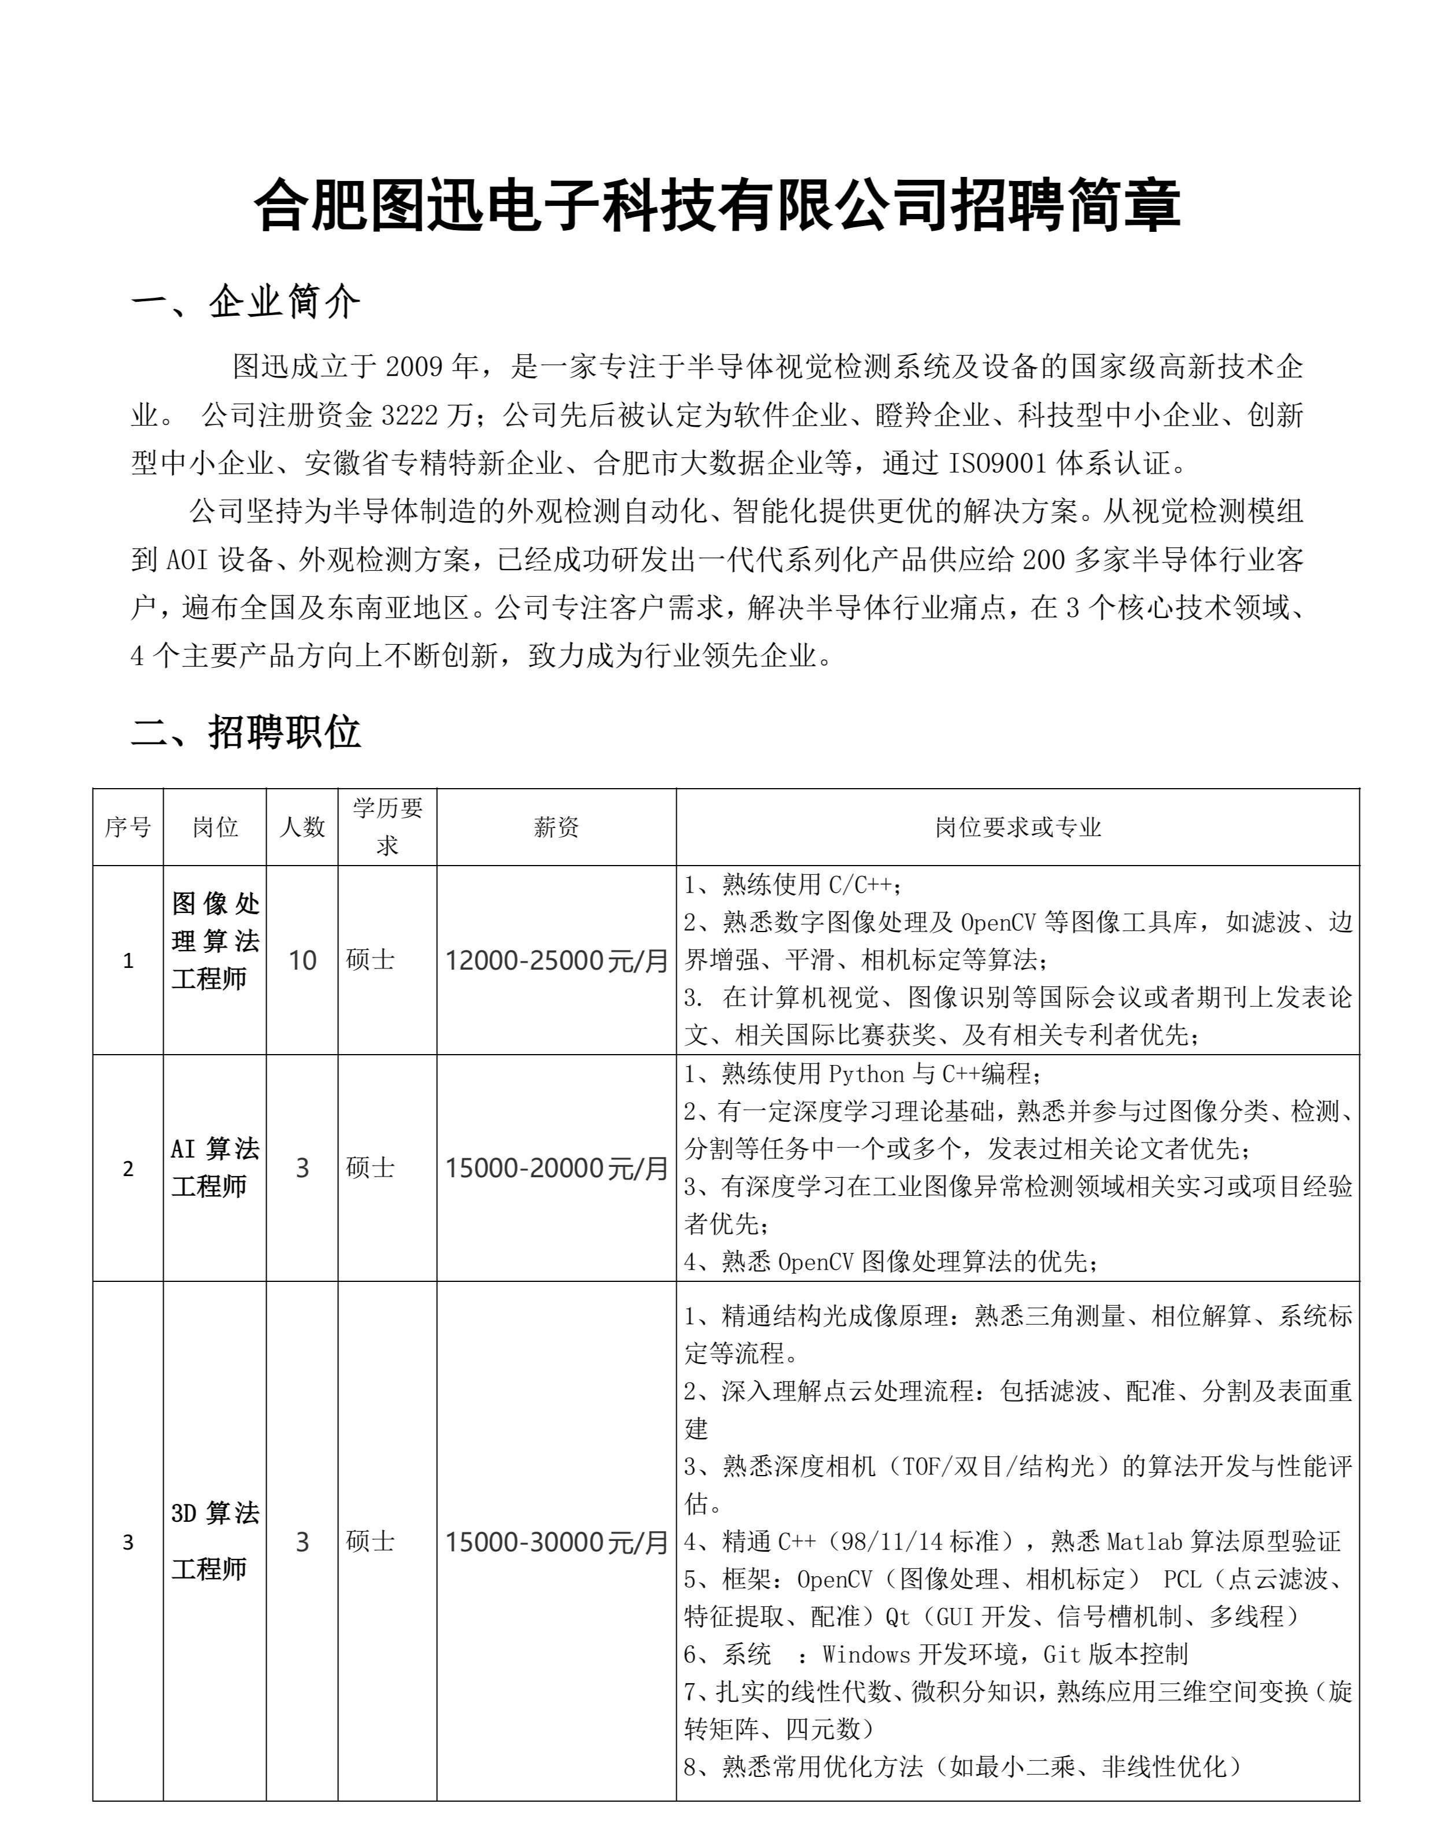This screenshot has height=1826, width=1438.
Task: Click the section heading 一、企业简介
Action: pyautogui.click(x=245, y=301)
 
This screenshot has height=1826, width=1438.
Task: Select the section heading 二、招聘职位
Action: pyautogui.click(x=245, y=731)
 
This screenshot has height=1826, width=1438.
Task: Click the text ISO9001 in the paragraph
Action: pyautogui.click(x=997, y=463)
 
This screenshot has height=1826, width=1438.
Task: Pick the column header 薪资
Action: pyautogui.click(x=556, y=827)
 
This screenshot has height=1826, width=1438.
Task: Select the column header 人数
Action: pyautogui.click(x=303, y=827)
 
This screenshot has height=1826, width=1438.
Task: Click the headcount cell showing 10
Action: pyautogui.click(x=303, y=960)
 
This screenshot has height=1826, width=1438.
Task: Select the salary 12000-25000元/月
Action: pyautogui.click(x=556, y=960)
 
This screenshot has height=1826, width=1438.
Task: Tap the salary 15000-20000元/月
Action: pyautogui.click(x=556, y=1168)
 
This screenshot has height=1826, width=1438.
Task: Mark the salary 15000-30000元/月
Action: pyautogui.click(x=556, y=1542)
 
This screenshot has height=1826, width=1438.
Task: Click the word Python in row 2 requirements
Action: pyautogui.click(x=868, y=1074)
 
